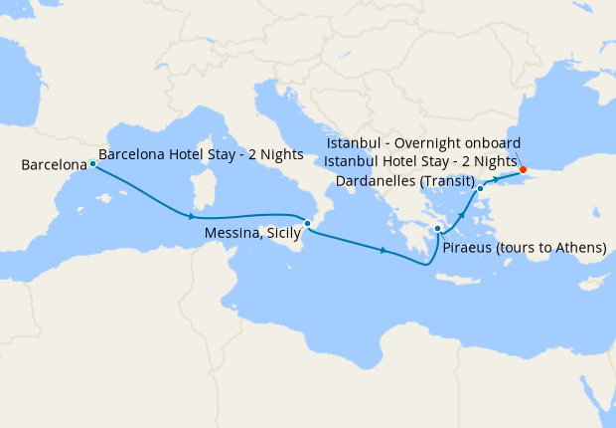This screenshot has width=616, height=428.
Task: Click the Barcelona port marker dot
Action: [92, 163]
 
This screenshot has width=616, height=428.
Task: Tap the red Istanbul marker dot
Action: [523, 169]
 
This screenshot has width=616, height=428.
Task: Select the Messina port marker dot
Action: [308, 223]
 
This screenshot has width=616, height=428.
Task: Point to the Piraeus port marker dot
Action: [438, 230]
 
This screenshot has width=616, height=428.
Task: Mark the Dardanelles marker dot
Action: [480, 188]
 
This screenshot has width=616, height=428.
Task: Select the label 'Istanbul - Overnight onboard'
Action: [422, 143]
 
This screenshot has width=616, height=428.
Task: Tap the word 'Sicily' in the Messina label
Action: [277, 231]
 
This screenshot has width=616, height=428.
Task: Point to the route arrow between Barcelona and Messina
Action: [189, 215]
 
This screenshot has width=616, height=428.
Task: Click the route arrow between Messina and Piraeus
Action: [384, 250]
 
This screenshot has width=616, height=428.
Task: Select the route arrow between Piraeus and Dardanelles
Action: [462, 214]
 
